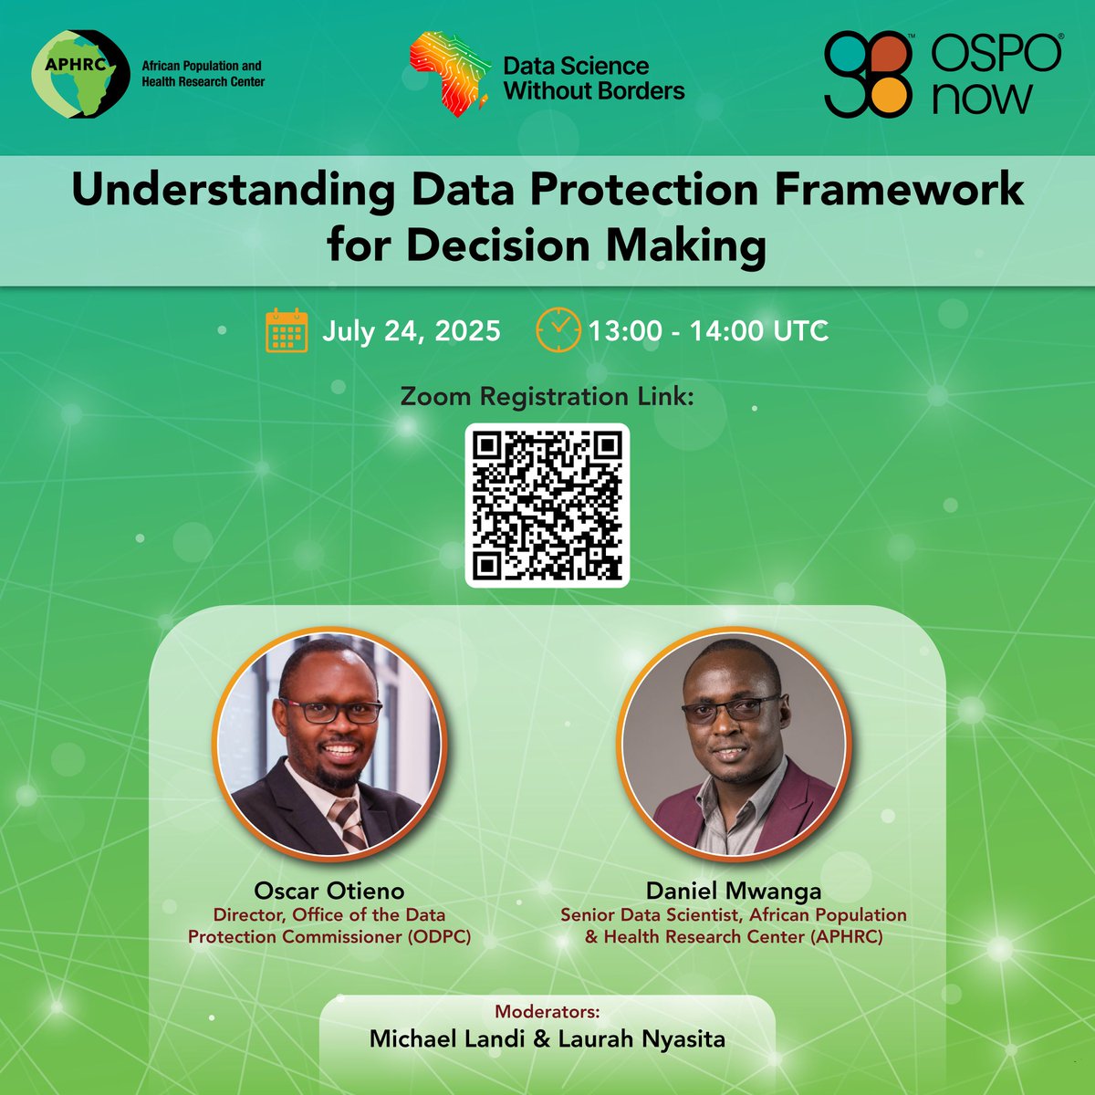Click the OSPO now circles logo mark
click(868, 75)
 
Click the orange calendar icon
click(286, 330)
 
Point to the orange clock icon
click(557, 329)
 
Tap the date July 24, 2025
click(411, 330)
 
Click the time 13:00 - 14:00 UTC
click(708, 330)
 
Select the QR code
click(547, 505)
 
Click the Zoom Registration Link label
click(547, 397)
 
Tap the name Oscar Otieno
click(329, 891)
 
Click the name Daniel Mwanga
click(734, 891)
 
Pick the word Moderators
click(547, 1012)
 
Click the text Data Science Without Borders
click(593, 78)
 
